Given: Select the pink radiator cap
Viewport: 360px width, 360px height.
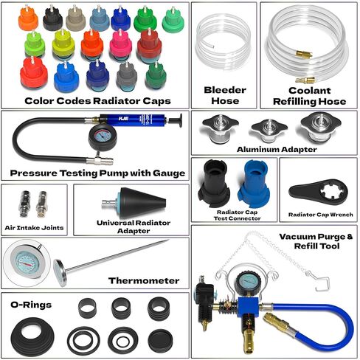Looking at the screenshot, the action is [x=120, y=46].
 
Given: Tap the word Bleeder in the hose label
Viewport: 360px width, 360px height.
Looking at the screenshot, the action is [x=225, y=90].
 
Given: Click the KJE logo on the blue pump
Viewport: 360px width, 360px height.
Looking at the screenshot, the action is [x=123, y=119].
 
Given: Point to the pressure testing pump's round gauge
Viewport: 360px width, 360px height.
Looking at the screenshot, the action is [x=103, y=138].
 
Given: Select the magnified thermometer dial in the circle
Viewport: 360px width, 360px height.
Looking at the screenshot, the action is [x=27, y=263].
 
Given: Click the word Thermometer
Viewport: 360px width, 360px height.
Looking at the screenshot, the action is [x=144, y=280].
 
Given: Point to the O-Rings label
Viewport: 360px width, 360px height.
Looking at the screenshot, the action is [x=31, y=305].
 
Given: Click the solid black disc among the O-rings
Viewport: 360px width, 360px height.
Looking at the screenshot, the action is [x=160, y=341].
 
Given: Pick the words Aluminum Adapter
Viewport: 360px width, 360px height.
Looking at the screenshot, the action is [x=277, y=149].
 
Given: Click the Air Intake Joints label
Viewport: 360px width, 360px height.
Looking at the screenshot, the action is [x=34, y=228].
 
